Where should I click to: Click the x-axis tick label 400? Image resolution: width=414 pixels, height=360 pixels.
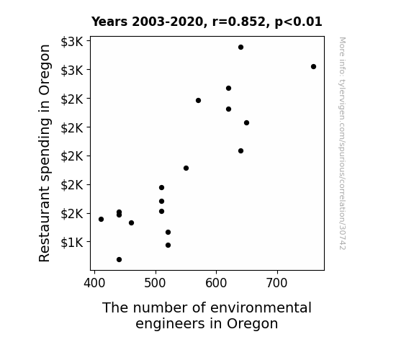pyautogui.click(x=94, y=283)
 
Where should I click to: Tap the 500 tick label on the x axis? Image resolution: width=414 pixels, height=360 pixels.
pyautogui.click(x=156, y=283)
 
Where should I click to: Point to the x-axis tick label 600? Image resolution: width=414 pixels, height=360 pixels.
pyautogui.click(x=216, y=283)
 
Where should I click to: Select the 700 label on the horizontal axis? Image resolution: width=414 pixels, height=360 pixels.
pyautogui.click(x=277, y=283)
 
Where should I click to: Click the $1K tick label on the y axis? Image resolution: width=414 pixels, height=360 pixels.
pyautogui.click(x=72, y=242)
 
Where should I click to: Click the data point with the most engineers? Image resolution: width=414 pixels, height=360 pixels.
pyautogui.click(x=313, y=66)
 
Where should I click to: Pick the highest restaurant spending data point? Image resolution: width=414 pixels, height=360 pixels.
pyautogui.click(x=240, y=48)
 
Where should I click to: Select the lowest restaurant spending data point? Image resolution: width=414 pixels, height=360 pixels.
pyautogui.click(x=119, y=260)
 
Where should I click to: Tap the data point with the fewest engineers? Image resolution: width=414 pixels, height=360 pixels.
pyautogui.click(x=101, y=219)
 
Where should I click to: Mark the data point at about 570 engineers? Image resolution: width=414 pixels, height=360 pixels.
pyautogui.click(x=198, y=100)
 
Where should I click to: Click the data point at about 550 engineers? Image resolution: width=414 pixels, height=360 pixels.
pyautogui.click(x=186, y=168)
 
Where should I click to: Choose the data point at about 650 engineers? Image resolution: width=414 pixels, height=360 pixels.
pyautogui.click(x=247, y=123)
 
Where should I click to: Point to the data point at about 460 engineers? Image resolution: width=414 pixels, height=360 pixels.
pyautogui.click(x=131, y=223)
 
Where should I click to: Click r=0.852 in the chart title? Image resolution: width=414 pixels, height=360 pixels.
pyautogui.click(x=239, y=22)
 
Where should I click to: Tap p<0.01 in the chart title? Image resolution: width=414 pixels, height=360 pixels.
pyautogui.click(x=298, y=22)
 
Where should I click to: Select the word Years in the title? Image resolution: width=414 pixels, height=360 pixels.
pyautogui.click(x=109, y=22)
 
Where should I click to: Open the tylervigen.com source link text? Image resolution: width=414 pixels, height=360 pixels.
pyautogui.click(x=342, y=143)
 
